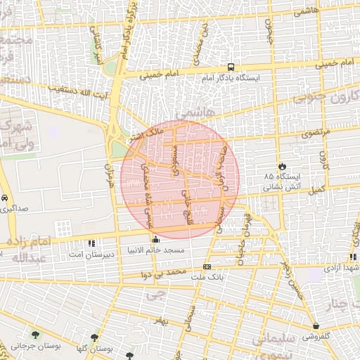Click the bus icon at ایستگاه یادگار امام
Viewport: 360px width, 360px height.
231,67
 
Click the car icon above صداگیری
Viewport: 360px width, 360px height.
5,199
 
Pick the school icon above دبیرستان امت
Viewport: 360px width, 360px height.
91,244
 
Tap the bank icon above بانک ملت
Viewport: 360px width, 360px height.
207,267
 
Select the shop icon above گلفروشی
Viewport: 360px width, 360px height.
316,326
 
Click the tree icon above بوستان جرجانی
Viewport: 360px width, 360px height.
35,335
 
